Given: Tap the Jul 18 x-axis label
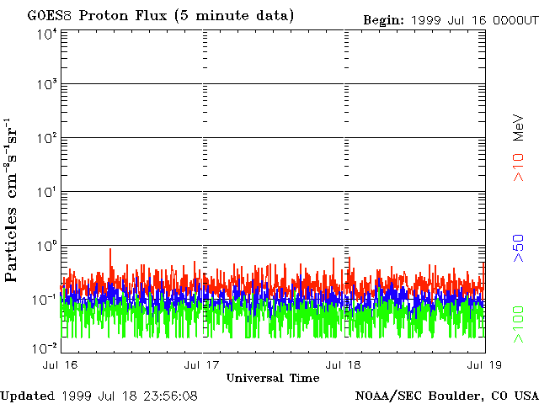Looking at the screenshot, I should [x=343, y=364].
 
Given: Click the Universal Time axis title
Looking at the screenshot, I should [x=273, y=378].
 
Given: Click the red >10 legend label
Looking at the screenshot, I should [x=520, y=167].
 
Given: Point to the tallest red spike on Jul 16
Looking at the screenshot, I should [x=109, y=250].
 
